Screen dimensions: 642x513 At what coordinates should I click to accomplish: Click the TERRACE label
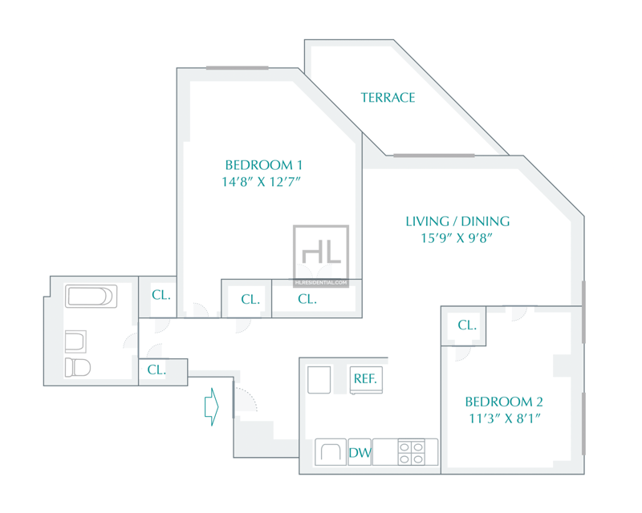coord(388,97)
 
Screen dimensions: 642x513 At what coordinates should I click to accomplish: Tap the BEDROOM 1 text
coord(264,165)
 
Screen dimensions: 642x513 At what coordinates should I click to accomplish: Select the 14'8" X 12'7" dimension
coord(262,182)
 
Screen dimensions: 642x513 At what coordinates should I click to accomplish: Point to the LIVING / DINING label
coord(457,221)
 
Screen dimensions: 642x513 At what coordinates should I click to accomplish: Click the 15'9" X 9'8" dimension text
coord(457,238)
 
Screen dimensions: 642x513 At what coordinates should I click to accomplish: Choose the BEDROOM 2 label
coord(504,402)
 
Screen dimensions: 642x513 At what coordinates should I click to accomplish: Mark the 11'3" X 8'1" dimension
coord(505,418)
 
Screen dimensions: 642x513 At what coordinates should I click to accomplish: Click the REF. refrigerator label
coord(365,378)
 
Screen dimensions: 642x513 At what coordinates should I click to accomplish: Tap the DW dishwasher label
coord(360,452)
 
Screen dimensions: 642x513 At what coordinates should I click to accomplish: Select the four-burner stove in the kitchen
coord(411,452)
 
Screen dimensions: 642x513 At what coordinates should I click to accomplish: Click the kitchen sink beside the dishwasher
coord(331,452)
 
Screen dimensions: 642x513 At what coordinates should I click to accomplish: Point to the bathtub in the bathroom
coord(91,297)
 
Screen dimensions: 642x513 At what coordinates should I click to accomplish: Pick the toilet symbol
coord(78,367)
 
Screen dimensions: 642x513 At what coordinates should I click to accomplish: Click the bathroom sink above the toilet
coord(75,341)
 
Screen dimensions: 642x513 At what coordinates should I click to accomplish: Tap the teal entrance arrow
coord(212,406)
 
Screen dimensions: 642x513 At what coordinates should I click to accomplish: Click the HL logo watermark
coord(321,252)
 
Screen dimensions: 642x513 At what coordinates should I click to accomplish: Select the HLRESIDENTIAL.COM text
coord(321,283)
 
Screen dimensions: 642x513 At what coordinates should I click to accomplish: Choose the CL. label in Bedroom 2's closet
coord(467,325)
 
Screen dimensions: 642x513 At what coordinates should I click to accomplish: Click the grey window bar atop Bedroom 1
coord(237,68)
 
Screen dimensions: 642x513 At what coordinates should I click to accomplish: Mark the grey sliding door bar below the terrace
coord(434,156)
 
